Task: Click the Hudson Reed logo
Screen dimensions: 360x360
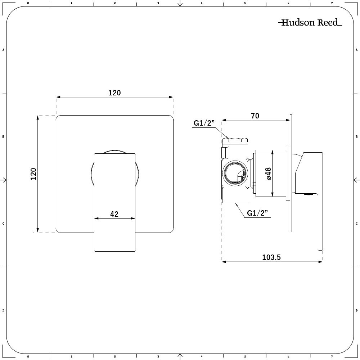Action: [x=310, y=23]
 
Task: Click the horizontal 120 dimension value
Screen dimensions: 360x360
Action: [x=114, y=93]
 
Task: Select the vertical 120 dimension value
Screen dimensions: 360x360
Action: [x=33, y=174]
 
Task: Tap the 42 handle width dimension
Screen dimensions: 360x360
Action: [x=114, y=214]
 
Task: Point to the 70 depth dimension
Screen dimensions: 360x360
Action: [x=255, y=116]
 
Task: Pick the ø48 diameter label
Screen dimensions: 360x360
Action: [x=269, y=173]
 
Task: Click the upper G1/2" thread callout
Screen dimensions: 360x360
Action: [x=204, y=123]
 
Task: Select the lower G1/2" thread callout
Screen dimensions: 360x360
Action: [x=258, y=213]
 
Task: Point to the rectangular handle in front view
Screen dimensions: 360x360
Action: [x=114, y=202]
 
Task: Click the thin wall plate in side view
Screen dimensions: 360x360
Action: [x=291, y=173]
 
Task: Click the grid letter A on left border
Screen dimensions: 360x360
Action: [x=3, y=50]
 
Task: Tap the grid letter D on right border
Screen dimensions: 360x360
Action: [x=356, y=310]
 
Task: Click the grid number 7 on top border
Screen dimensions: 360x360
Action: [x=332, y=3]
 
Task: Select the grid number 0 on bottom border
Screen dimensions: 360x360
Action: [x=28, y=357]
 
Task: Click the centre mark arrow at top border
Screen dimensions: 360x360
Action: [x=180, y=4]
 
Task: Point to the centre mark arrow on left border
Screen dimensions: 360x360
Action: [x=4, y=180]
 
